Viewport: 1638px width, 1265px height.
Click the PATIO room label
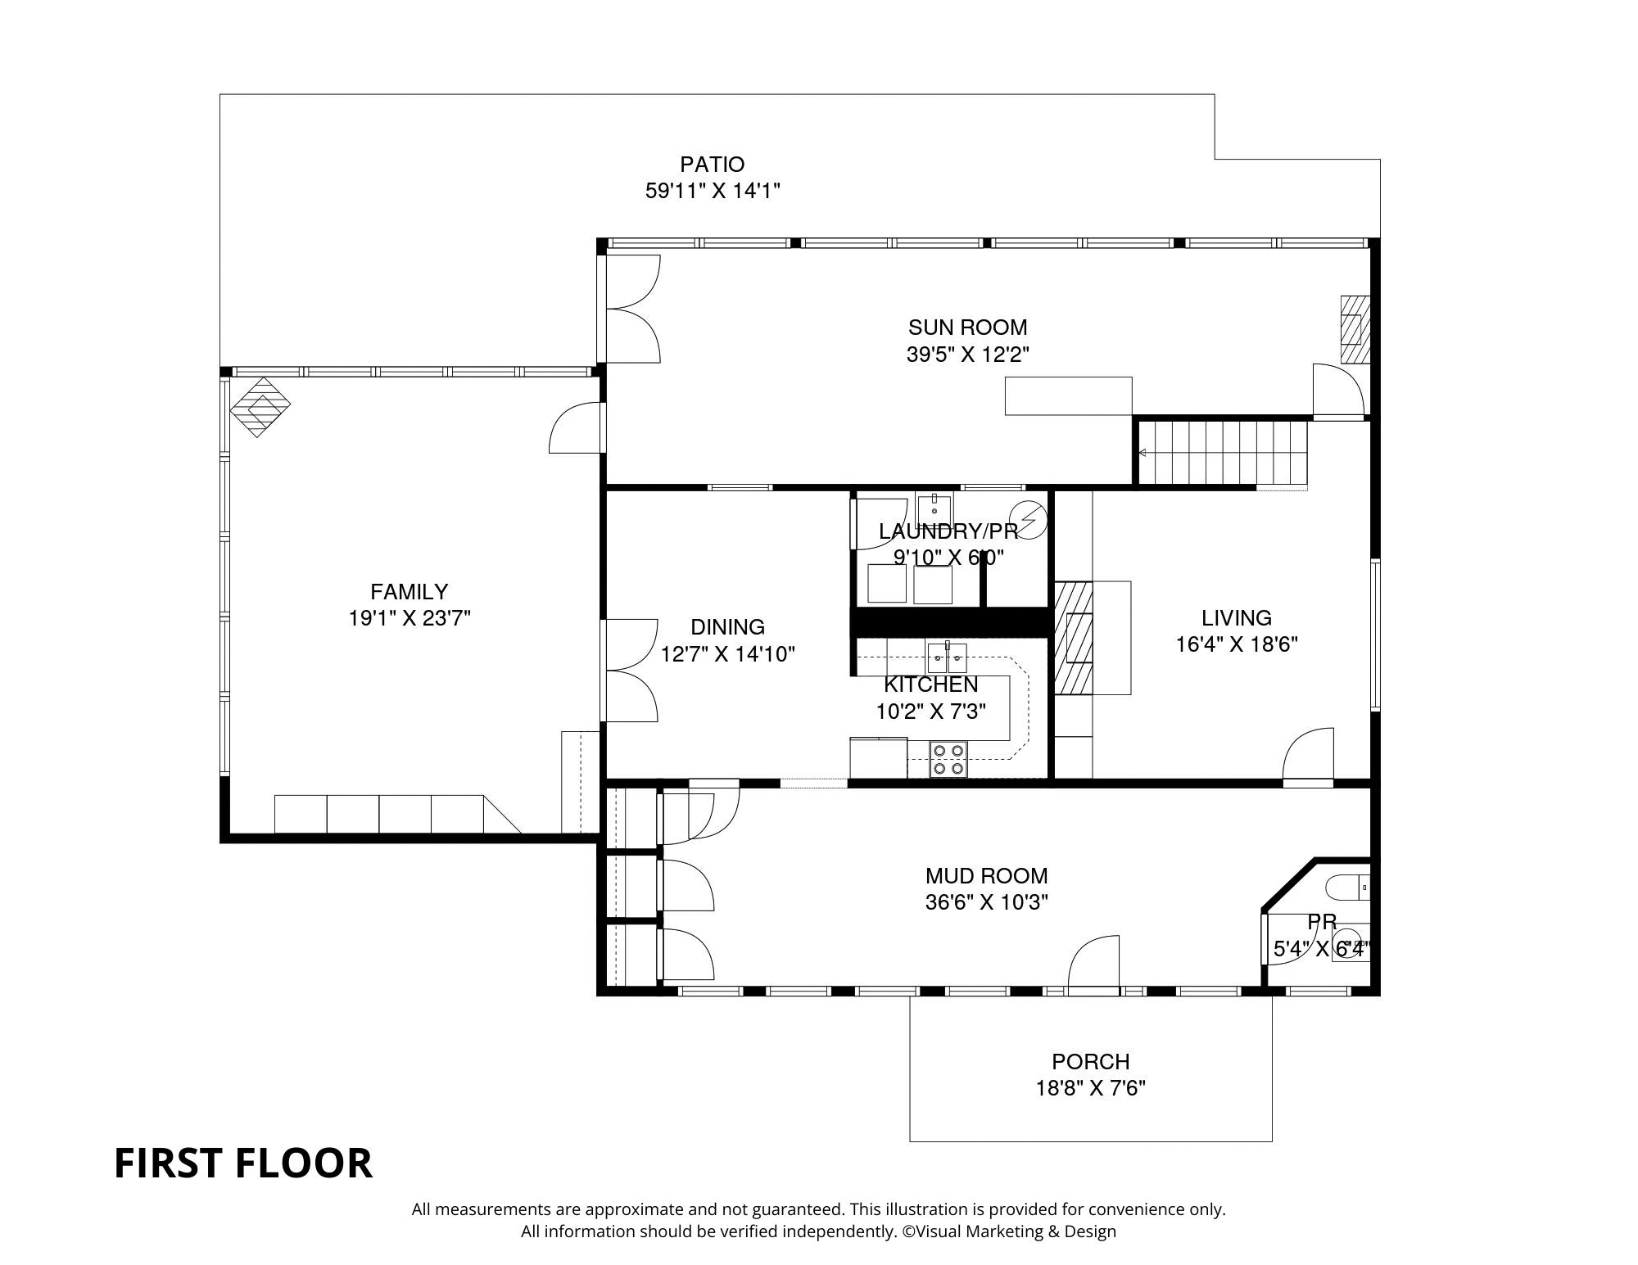click(712, 165)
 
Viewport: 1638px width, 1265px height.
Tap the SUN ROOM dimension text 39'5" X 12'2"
click(967, 355)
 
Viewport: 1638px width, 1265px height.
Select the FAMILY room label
click(409, 591)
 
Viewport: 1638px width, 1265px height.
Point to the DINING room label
click(727, 627)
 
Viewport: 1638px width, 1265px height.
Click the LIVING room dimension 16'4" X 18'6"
click(1237, 644)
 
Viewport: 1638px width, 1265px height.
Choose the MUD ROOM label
click(986, 876)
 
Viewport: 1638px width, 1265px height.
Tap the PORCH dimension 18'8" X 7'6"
click(1090, 1088)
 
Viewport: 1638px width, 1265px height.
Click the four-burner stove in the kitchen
click(948, 759)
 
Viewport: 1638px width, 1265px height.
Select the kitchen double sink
click(947, 657)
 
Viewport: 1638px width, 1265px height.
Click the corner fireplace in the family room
click(260, 406)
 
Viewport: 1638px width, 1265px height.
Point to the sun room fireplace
click(1355, 329)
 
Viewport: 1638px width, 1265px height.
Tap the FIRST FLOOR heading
click(243, 1163)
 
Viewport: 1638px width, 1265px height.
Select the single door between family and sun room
click(577, 427)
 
